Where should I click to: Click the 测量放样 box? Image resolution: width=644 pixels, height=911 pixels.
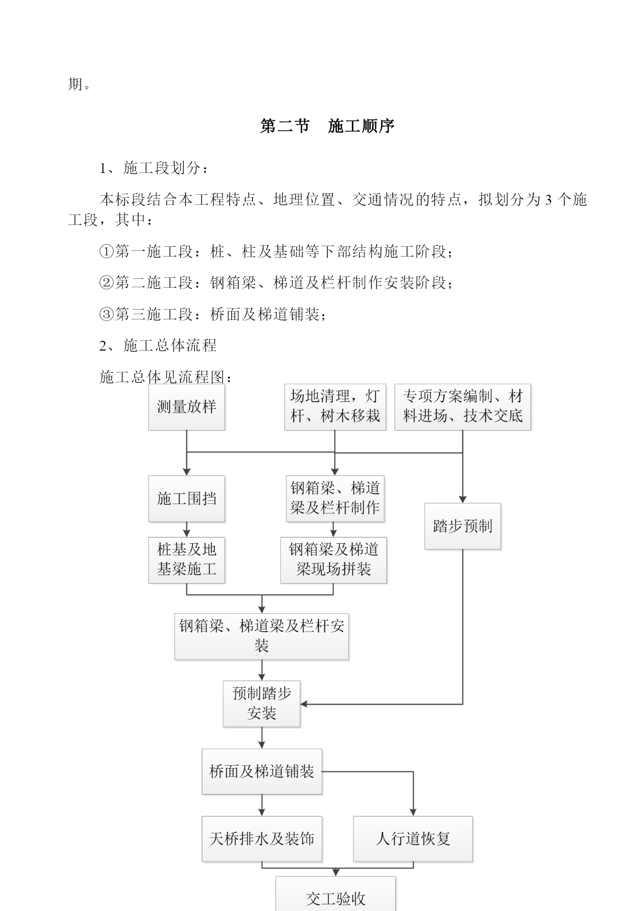pyautogui.click(x=187, y=407)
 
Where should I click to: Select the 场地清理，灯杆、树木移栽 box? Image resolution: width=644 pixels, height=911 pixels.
pyautogui.click(x=335, y=407)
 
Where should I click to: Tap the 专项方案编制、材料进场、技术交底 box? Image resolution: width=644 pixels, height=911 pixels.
pyautogui.click(x=463, y=407)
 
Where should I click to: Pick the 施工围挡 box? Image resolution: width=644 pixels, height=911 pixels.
pyautogui.click(x=187, y=499)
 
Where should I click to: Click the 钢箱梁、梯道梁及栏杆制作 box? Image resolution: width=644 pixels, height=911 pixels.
pyautogui.click(x=335, y=499)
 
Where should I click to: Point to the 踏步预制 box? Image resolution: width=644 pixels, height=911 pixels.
pyautogui.click(x=463, y=526)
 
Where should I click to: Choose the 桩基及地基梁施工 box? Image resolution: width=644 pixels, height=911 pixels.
pyautogui.click(x=187, y=560)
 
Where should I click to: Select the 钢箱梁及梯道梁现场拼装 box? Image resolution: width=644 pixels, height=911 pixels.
pyautogui.click(x=334, y=560)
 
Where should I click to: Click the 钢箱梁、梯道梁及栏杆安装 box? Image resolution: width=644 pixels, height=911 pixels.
pyautogui.click(x=262, y=637)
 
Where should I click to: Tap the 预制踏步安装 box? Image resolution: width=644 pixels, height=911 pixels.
pyautogui.click(x=262, y=704)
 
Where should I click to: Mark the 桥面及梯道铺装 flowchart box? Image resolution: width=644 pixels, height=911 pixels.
pyautogui.click(x=262, y=772)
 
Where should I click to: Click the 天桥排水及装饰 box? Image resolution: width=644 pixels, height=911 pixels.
pyautogui.click(x=262, y=839)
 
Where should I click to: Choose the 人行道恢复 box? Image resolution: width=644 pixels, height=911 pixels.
pyautogui.click(x=413, y=839)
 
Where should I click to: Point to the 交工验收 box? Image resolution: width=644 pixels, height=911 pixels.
pyautogui.click(x=336, y=893)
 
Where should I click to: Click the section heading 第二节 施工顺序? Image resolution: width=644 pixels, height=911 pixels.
pyautogui.click(x=327, y=126)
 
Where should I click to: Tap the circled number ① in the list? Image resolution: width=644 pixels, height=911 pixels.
pyautogui.click(x=106, y=252)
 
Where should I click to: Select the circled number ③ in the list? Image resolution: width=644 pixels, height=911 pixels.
pyautogui.click(x=106, y=314)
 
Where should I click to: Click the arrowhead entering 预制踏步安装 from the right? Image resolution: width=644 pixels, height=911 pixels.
pyautogui.click(x=304, y=704)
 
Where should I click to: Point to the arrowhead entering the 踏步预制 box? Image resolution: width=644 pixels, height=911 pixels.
pyautogui.click(x=463, y=500)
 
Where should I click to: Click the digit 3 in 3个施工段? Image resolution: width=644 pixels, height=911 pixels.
pyautogui.click(x=548, y=200)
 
